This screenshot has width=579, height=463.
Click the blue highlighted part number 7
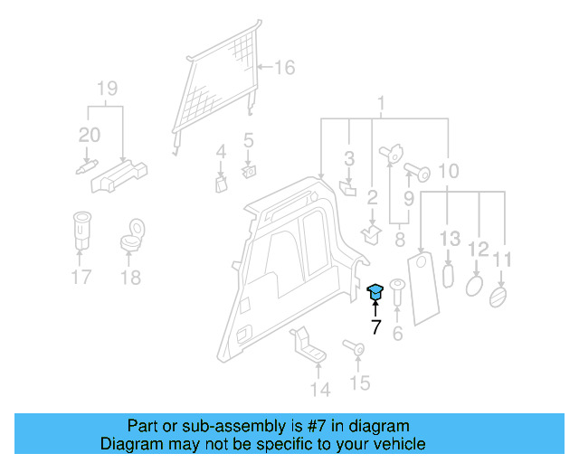[375, 291]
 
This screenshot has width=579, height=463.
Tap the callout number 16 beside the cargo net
[284, 68]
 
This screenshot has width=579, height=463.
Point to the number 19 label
[107, 88]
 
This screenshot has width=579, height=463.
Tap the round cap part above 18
[132, 236]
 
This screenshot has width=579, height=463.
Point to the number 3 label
[348, 160]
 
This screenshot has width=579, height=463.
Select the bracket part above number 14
[307, 347]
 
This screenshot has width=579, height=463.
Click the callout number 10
[449, 169]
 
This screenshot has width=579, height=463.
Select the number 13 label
[450, 239]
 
